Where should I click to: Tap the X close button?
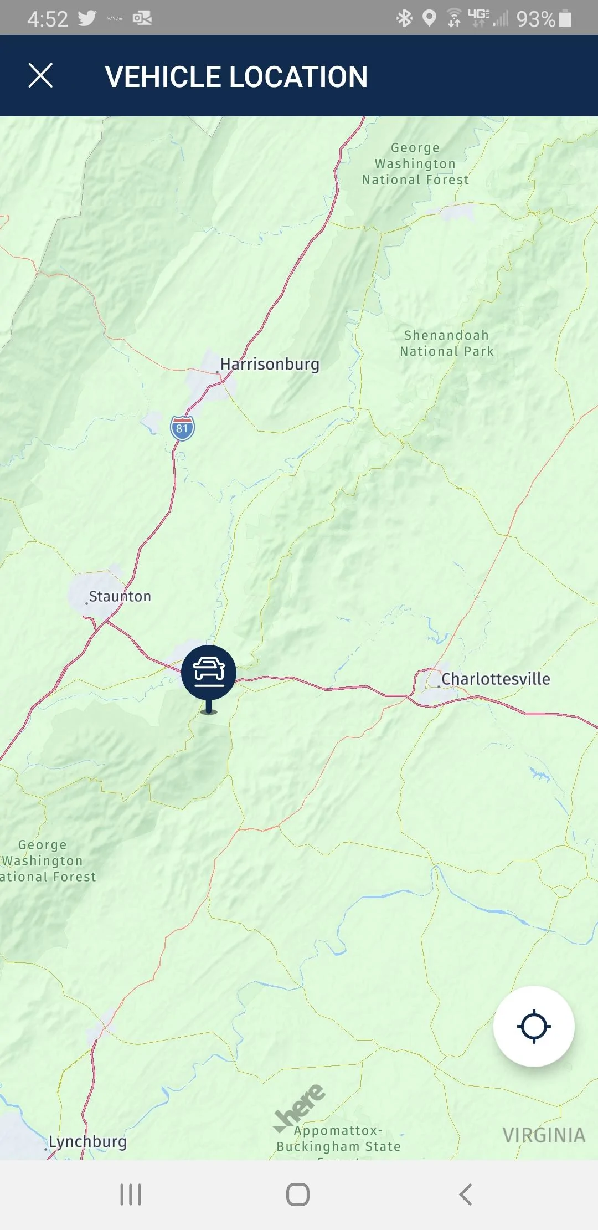(40, 76)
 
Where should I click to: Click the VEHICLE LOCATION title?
(236, 76)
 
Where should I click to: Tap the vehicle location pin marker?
(209, 673)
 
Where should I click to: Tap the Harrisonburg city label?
(270, 365)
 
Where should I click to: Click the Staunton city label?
(120, 597)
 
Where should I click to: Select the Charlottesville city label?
(496, 679)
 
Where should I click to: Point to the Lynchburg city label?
(87, 1142)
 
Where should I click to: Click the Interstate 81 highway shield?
(182, 428)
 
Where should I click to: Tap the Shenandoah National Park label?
(447, 344)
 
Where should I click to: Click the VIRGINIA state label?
(544, 1135)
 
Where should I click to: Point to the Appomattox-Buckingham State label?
(338, 1139)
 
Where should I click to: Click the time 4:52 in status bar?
(48, 19)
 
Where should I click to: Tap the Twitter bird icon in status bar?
(87, 18)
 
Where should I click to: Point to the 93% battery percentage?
(535, 19)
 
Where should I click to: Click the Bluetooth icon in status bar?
(405, 18)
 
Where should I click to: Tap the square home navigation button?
(298, 1195)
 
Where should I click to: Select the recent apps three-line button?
(131, 1195)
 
